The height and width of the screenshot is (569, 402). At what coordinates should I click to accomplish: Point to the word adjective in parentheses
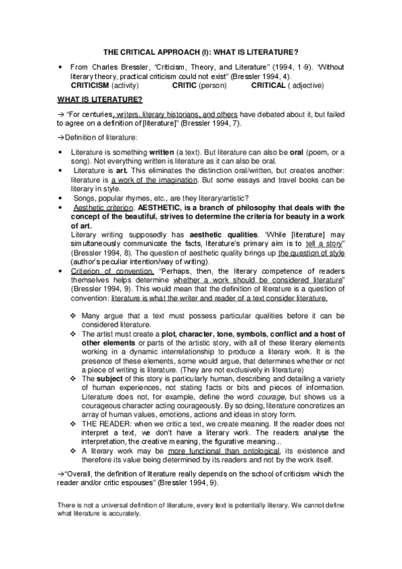click(303, 86)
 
